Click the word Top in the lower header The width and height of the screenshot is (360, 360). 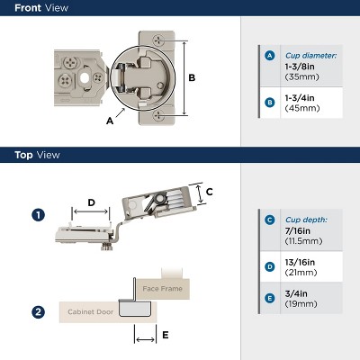[23, 155]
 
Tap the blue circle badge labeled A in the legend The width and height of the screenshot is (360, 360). [268, 56]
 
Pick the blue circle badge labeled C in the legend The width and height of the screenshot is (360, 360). [268, 219]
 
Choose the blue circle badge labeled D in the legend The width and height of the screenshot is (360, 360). [268, 266]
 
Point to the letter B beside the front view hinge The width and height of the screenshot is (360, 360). [192, 77]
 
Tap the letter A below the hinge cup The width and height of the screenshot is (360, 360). [109, 118]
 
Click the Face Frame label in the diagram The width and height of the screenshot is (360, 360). [162, 288]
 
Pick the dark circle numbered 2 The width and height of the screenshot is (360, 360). [38, 312]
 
